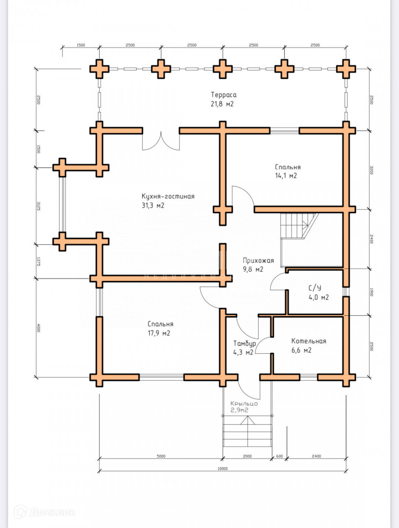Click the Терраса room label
point(224,95)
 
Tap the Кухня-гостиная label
point(168,196)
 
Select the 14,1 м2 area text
point(286,176)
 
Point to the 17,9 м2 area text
point(159,333)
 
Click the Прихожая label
point(258,260)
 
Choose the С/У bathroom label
point(315,288)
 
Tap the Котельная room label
point(308,341)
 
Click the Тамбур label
point(244,343)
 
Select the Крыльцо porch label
point(244,403)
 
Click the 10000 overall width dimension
point(222,468)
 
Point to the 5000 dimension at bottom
point(161,456)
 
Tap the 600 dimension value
point(279,456)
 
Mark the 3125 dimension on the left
point(38,206)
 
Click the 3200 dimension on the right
point(372,170)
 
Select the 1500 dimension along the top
point(81,45)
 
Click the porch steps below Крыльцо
point(247,433)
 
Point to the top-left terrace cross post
point(99,69)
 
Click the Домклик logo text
point(52,512)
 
